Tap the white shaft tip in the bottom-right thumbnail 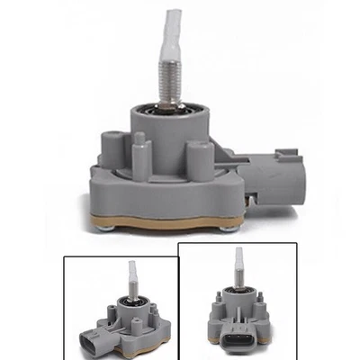238,263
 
